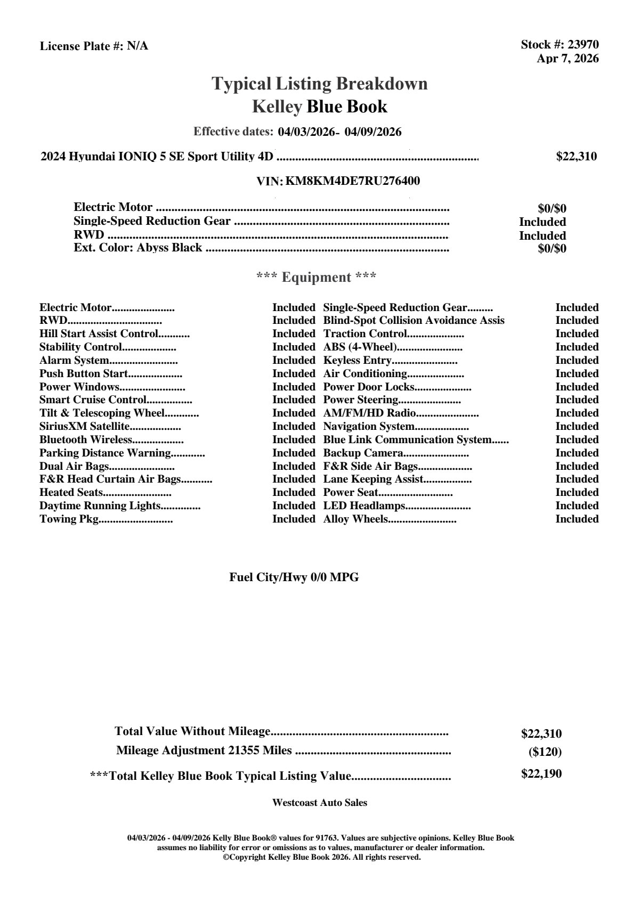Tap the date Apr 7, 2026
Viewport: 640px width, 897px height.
pyautogui.click(x=568, y=59)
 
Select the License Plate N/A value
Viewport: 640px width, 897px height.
pyautogui.click(x=137, y=46)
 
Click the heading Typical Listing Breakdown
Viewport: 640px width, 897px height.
pyautogui.click(x=320, y=84)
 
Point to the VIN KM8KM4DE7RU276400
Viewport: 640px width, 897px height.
pyautogui.click(x=353, y=181)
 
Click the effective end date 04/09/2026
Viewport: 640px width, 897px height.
pyautogui.click(x=373, y=132)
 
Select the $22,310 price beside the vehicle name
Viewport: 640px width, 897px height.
pyautogui.click(x=576, y=157)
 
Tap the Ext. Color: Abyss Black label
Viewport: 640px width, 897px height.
pyautogui.click(x=138, y=248)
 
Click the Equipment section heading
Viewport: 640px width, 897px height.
pyautogui.click(x=317, y=278)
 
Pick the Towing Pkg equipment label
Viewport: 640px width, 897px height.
pyautogui.click(x=69, y=519)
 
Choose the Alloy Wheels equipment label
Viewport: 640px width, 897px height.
pyautogui.click(x=355, y=519)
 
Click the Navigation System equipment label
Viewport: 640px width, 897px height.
pyautogui.click(x=369, y=427)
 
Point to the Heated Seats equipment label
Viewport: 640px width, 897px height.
pyautogui.click(x=71, y=493)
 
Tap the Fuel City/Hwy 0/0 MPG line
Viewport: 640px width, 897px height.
pyautogui.click(x=294, y=577)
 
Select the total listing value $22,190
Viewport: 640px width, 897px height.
pyautogui.click(x=541, y=774)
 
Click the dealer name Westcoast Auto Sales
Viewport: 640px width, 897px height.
pyautogui.click(x=319, y=803)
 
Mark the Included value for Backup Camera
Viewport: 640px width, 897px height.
pyautogui.click(x=577, y=453)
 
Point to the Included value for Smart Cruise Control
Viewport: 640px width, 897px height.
pyautogui.click(x=294, y=400)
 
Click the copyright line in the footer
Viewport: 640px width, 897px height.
pyautogui.click(x=322, y=858)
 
